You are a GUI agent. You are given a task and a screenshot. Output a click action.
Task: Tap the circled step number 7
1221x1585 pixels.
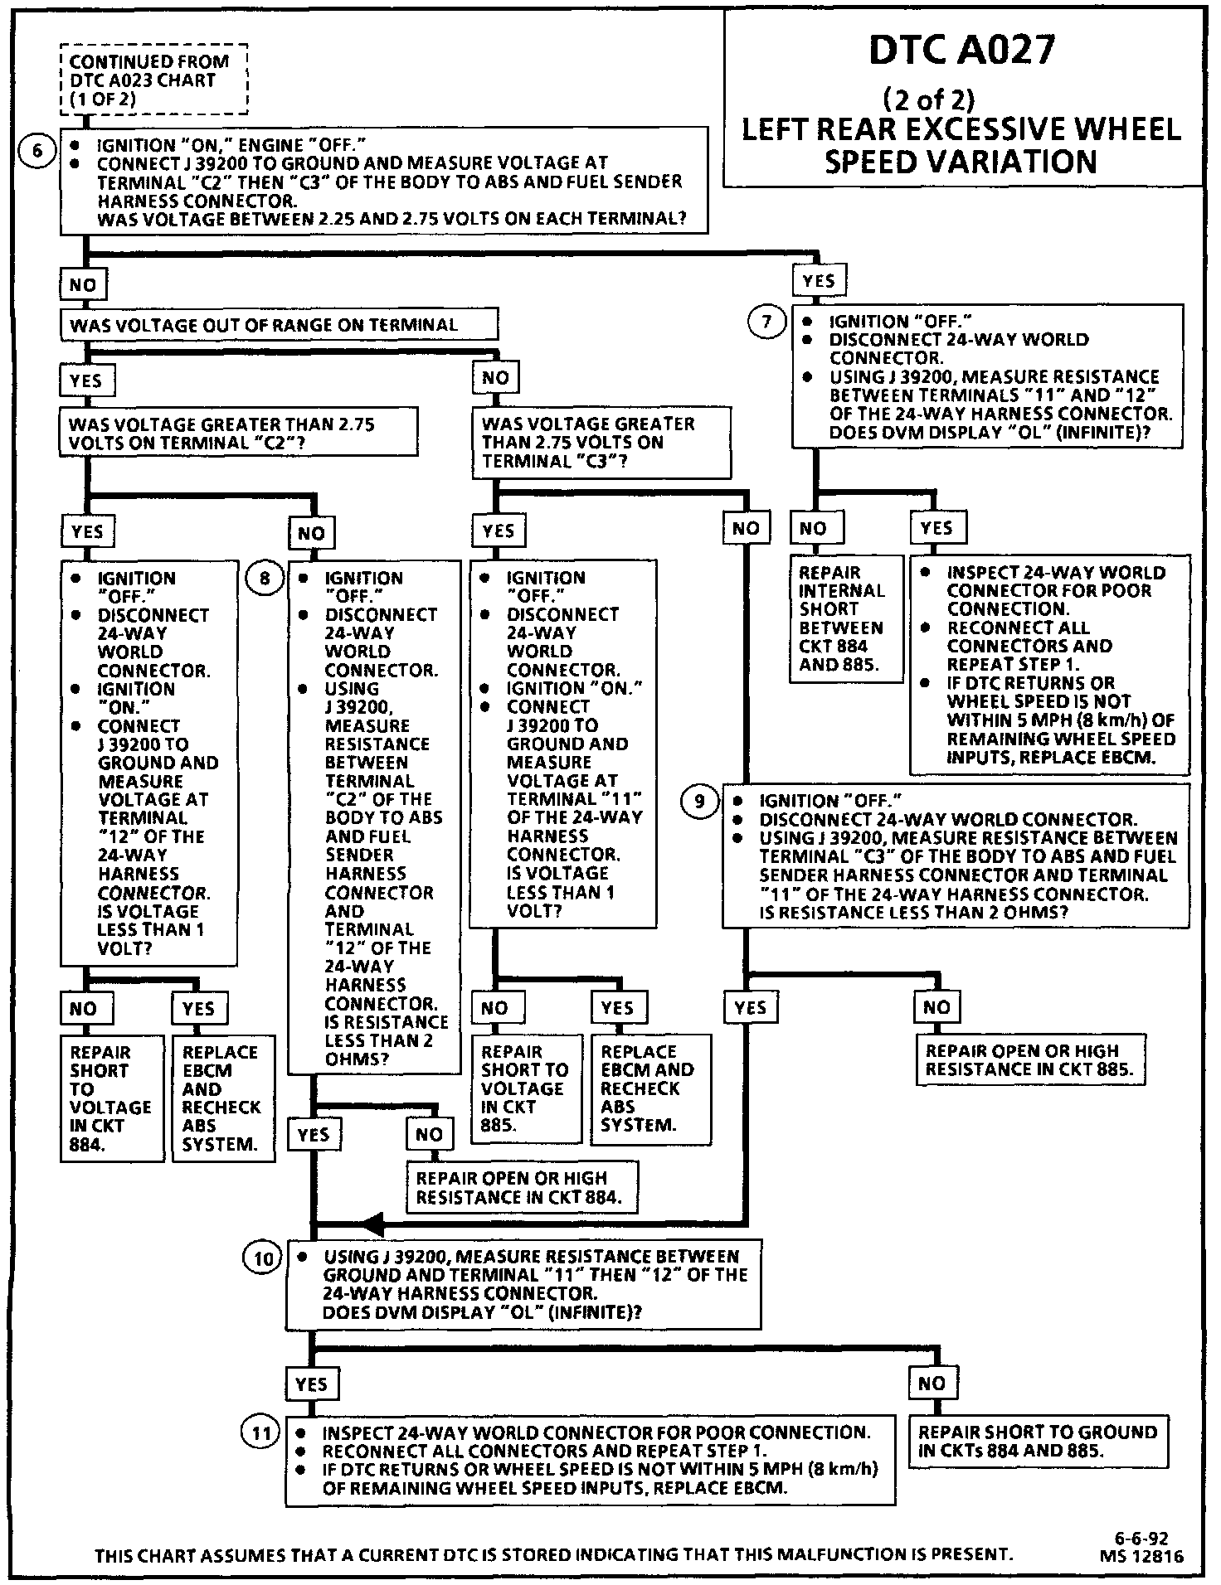[x=766, y=322]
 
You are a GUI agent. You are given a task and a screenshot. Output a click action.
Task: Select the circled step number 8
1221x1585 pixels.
[x=265, y=577]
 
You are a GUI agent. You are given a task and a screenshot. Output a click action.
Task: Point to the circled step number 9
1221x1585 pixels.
[x=699, y=801]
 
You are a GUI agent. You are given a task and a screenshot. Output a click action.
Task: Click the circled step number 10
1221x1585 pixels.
[x=262, y=1259]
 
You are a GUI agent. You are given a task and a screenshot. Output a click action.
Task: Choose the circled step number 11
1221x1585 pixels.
[x=260, y=1433]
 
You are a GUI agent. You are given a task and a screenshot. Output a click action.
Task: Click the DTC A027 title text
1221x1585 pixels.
[x=962, y=50]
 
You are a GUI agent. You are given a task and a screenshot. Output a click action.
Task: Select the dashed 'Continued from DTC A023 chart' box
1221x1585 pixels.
[x=154, y=80]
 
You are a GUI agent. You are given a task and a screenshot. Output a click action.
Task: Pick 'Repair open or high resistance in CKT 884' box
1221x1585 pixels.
[x=521, y=1187]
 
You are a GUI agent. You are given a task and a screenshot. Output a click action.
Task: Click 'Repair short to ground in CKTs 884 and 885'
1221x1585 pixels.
[x=1037, y=1441]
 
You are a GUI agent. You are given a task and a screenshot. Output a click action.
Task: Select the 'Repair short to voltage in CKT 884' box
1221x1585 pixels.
[x=111, y=1098]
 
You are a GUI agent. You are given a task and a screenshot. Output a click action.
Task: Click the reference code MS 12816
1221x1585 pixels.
[x=1142, y=1556]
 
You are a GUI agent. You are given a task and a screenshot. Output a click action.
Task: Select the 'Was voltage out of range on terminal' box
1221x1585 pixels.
[x=279, y=325]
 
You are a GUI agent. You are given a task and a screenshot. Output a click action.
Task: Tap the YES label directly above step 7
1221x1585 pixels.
[x=819, y=281]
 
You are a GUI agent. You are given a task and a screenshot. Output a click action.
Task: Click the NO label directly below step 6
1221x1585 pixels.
[x=83, y=285]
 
